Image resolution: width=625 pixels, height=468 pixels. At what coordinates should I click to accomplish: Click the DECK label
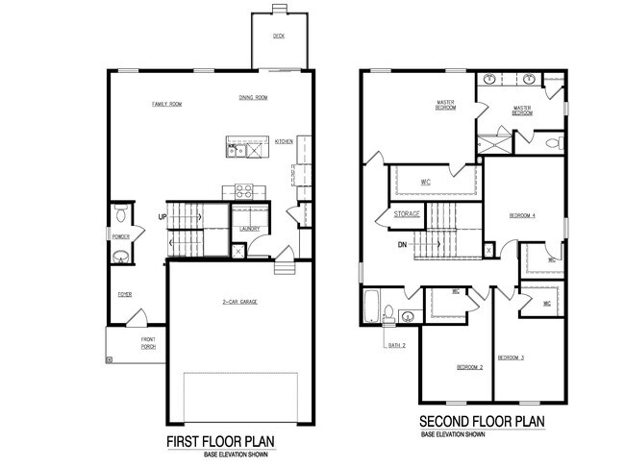pos(278,36)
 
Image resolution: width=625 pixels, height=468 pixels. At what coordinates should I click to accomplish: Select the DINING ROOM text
pos(253,97)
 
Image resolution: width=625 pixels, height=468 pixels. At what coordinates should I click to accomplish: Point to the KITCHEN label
pos(284,141)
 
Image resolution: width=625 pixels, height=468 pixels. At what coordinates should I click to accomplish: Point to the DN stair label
pos(404,244)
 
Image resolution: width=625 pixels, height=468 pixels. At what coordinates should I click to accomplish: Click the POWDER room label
pos(121,235)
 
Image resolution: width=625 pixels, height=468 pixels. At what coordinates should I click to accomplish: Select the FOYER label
pos(125,295)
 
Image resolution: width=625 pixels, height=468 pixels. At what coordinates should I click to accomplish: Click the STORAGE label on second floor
pos(407,213)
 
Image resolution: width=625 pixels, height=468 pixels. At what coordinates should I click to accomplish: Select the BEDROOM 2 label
pos(468,368)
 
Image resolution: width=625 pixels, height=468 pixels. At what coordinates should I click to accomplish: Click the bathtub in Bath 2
pos(370,308)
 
